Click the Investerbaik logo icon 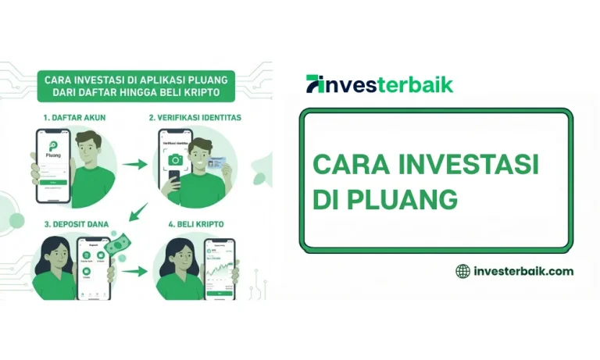tap(315, 84)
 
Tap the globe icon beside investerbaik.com tap(462, 271)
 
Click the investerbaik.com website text tap(523, 271)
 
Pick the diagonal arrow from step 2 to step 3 tap(139, 210)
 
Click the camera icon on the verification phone tap(176, 159)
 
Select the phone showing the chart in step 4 tap(220, 269)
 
